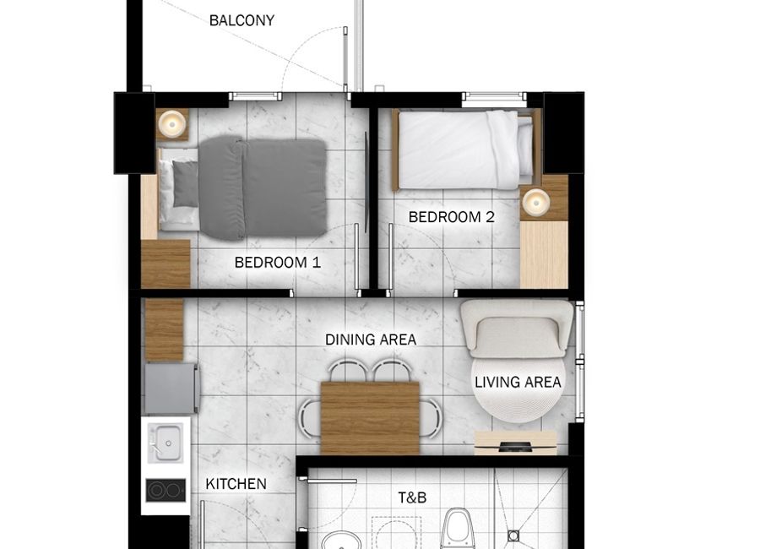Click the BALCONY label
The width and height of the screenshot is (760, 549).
pyautogui.click(x=242, y=20)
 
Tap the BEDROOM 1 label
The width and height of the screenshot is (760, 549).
pyautogui.click(x=277, y=263)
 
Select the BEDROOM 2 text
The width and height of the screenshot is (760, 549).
pyautogui.click(x=451, y=217)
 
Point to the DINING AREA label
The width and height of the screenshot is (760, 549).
pyautogui.click(x=371, y=340)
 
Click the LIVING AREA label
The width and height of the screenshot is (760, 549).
pyautogui.click(x=518, y=382)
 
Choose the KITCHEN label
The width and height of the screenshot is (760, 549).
pyautogui.click(x=236, y=483)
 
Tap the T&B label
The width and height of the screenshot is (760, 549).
pyautogui.click(x=412, y=497)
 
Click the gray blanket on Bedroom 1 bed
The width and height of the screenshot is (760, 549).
pyautogui.click(x=263, y=188)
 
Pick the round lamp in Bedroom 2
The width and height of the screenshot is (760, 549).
pyautogui.click(x=535, y=201)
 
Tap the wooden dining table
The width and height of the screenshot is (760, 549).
pyautogui.click(x=370, y=418)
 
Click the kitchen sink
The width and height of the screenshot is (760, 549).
pyautogui.click(x=166, y=443)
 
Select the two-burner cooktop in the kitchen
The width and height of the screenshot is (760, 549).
pyautogui.click(x=166, y=491)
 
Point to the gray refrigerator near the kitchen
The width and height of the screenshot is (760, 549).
pyautogui.click(x=172, y=389)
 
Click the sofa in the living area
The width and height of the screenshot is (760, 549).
pyautogui.click(x=517, y=329)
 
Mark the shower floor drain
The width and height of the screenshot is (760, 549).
pyautogui.click(x=513, y=535)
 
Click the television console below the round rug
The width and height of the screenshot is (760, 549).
pyautogui.click(x=516, y=443)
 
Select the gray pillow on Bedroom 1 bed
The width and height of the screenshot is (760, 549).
pyautogui.click(x=186, y=184)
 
